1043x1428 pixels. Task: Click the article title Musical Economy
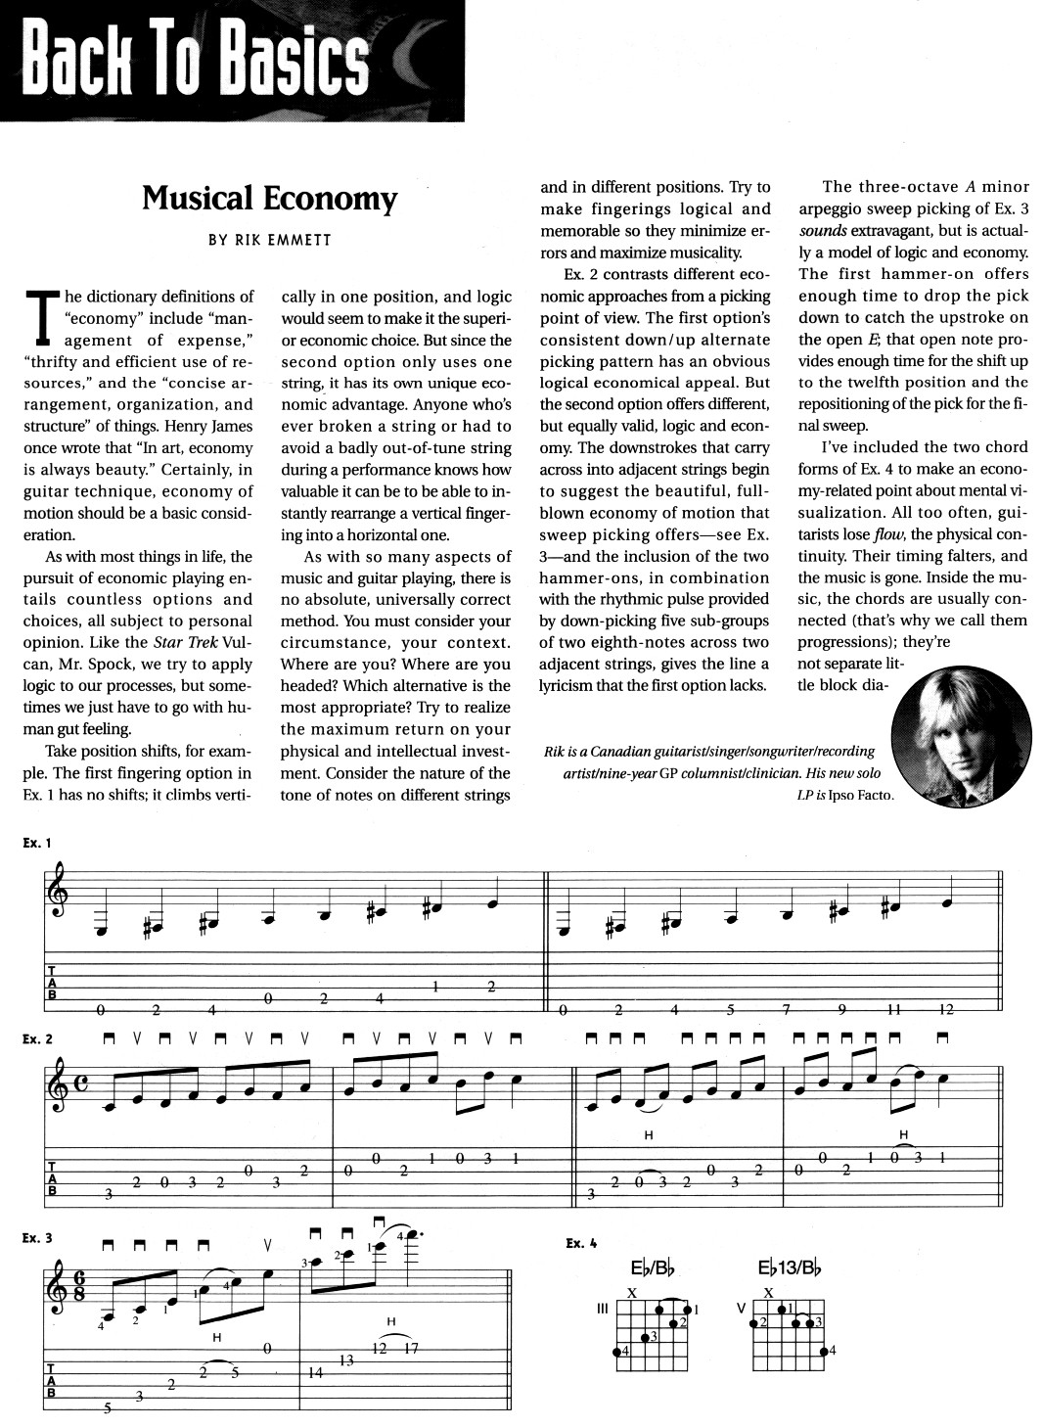(269, 198)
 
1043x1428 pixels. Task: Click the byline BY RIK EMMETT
(269, 239)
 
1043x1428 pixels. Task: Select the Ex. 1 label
(38, 841)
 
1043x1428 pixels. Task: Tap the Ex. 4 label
(581, 1244)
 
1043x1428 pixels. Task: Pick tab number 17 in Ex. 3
(411, 1348)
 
